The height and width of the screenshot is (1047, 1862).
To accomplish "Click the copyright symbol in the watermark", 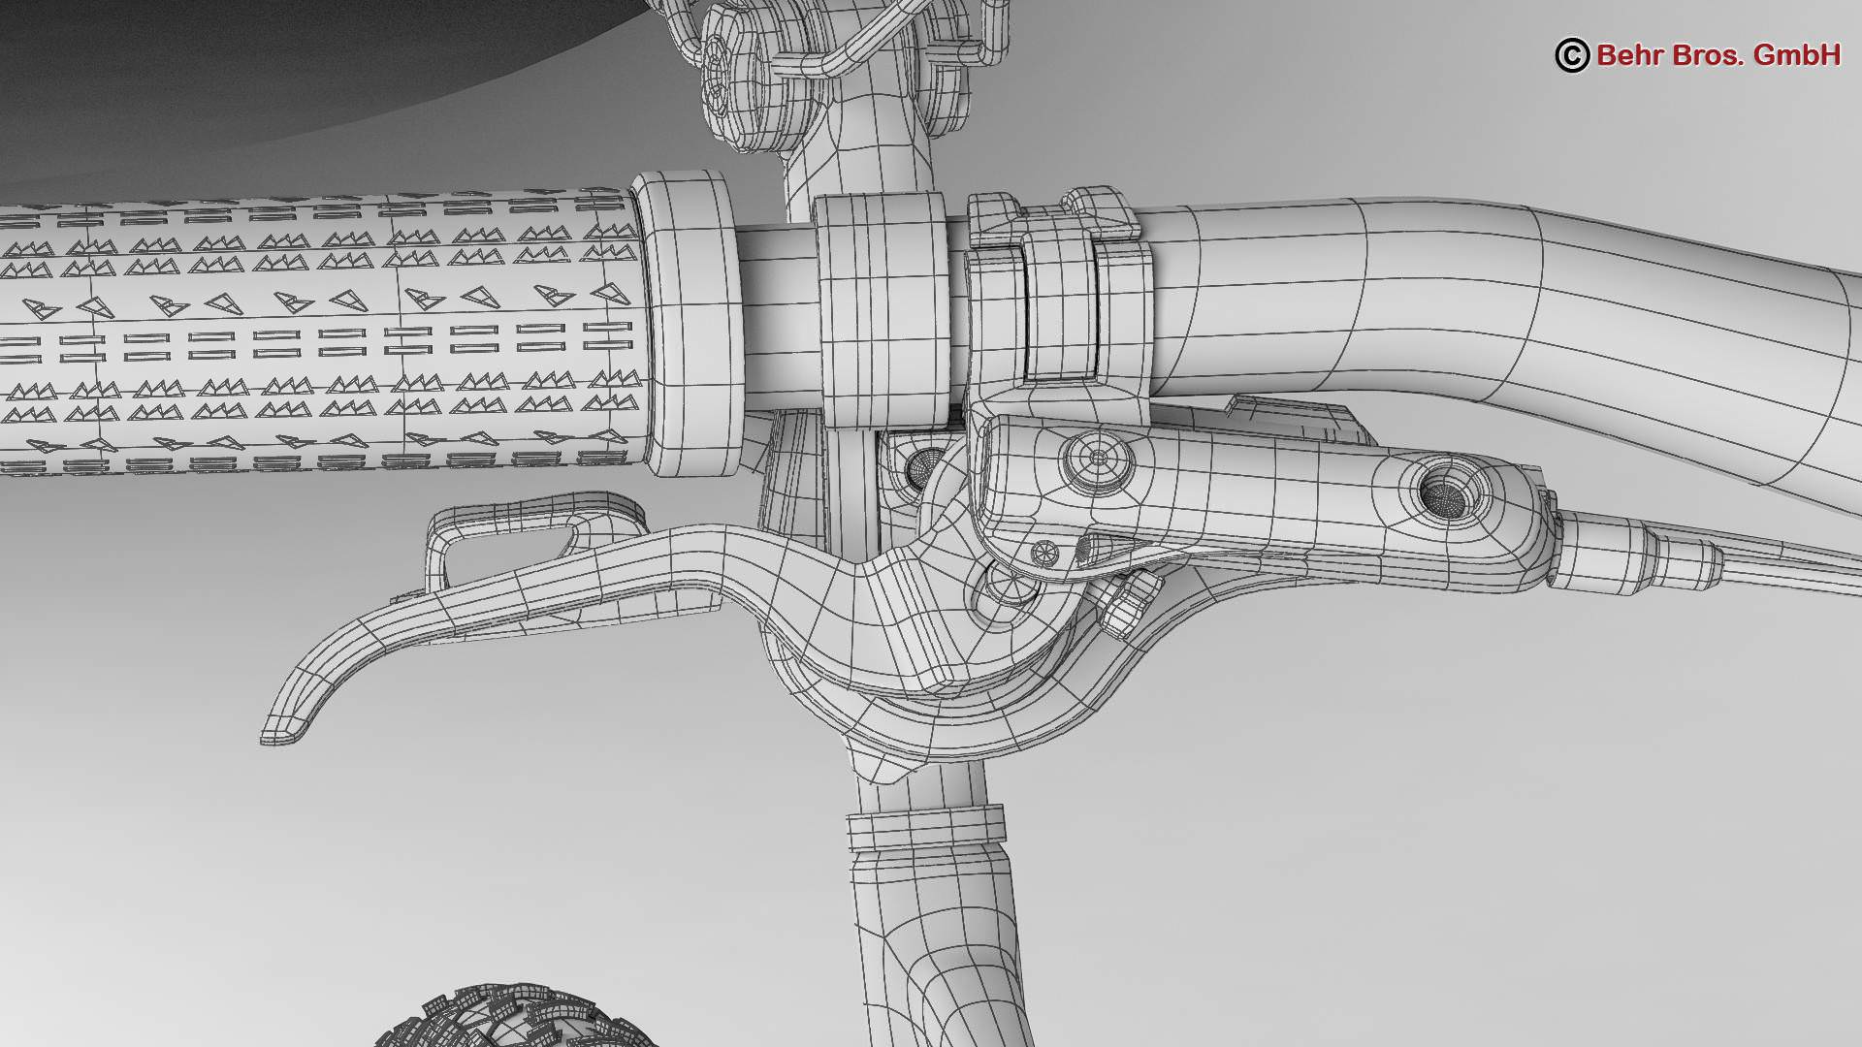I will pyautogui.click(x=1572, y=55).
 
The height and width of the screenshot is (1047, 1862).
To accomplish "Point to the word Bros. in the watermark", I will pyautogui.click(x=1718, y=55).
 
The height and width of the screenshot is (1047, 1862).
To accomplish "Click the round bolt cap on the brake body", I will pyautogui.click(x=1098, y=457).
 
